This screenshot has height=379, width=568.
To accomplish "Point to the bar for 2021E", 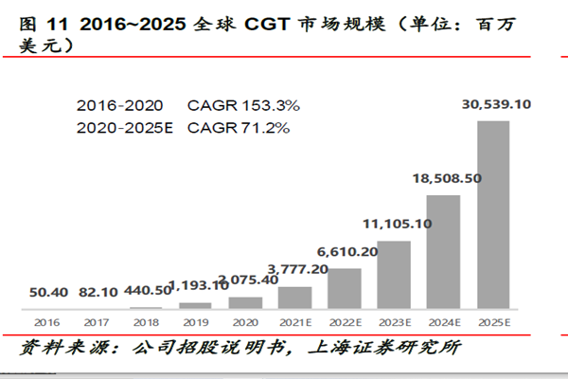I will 294,298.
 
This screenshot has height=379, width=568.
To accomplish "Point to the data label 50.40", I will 46,291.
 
